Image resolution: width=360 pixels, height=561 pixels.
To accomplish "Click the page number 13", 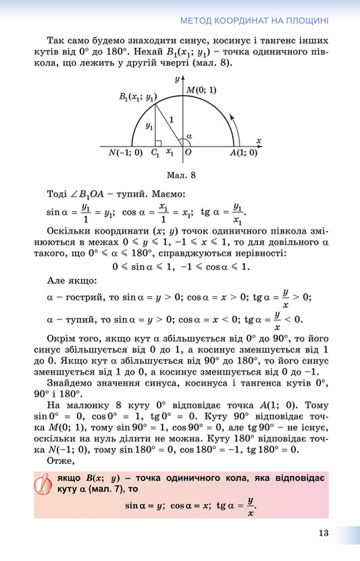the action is (x=324, y=533).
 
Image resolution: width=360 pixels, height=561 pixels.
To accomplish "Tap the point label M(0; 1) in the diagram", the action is (x=202, y=90).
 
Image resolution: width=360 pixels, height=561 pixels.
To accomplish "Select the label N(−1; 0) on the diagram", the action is (x=125, y=153).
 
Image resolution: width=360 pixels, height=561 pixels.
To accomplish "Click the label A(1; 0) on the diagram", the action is (x=243, y=153).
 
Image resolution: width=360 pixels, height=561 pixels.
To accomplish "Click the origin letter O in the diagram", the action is (x=188, y=153).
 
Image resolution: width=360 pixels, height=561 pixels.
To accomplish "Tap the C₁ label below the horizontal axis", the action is (x=155, y=153).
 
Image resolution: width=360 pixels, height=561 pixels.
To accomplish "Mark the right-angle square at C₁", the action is (x=158, y=143).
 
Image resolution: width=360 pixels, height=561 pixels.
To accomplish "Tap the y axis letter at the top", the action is (x=176, y=79).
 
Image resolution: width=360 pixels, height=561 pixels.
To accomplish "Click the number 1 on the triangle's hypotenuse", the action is (x=171, y=120).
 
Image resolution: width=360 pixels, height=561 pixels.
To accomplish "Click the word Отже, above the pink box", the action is (x=61, y=461).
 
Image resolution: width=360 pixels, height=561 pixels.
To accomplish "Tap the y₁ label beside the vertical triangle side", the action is (x=149, y=126).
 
